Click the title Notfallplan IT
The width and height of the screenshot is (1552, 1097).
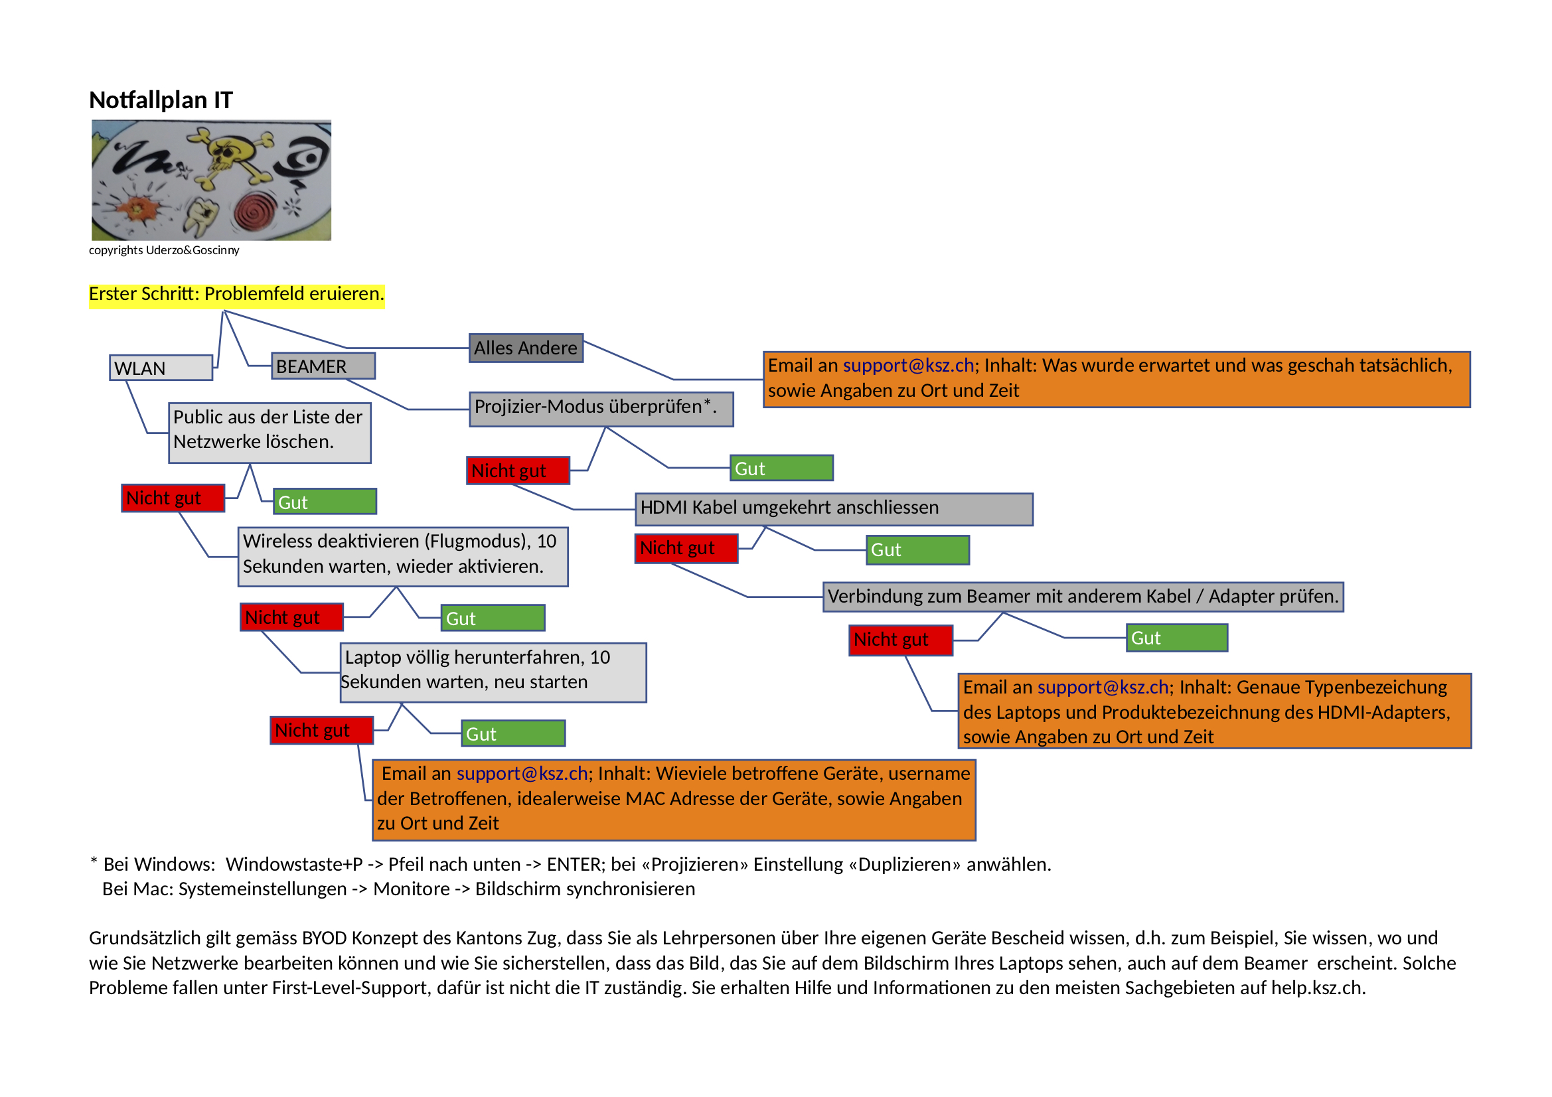161,100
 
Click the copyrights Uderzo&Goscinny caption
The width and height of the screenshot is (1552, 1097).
163,250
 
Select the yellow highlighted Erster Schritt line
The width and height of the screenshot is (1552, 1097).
236,294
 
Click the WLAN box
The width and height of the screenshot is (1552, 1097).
161,368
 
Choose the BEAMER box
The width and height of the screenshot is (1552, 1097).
323,366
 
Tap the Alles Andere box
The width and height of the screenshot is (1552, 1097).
525,348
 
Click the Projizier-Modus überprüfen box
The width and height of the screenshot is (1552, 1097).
600,408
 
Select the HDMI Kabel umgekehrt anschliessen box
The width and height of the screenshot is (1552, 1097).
834,508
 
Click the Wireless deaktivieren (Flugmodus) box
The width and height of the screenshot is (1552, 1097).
402,555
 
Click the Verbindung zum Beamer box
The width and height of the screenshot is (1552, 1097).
1082,597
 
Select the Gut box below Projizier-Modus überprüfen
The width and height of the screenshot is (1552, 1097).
781,469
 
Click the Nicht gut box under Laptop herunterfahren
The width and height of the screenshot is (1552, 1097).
321,731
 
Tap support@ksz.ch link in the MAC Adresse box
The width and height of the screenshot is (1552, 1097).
522,774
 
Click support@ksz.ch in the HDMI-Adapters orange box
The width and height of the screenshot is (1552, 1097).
1103,688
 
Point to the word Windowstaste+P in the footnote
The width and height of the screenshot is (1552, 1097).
294,865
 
